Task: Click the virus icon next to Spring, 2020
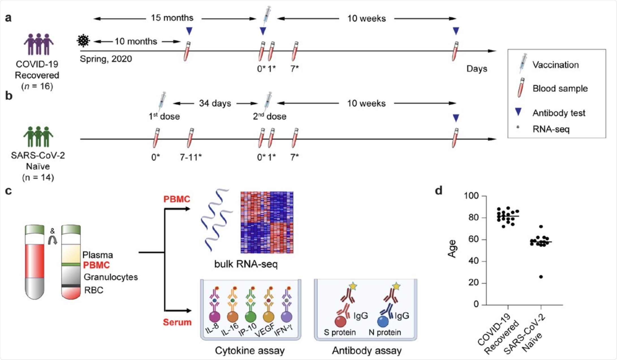(83, 41)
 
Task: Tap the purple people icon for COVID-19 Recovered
(38, 44)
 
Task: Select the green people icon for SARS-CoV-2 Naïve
(38, 137)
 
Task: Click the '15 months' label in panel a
(172, 18)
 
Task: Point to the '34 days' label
(215, 103)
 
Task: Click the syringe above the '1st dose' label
(162, 101)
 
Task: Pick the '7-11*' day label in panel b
(191, 157)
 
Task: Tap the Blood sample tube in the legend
(521, 88)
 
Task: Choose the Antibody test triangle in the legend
(518, 112)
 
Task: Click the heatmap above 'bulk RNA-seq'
(267, 222)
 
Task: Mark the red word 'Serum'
(177, 322)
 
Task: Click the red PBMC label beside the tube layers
(96, 265)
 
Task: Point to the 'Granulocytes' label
(111, 277)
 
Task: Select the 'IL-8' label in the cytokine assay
(212, 328)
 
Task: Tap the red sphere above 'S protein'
(340, 322)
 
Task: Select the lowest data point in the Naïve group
(541, 277)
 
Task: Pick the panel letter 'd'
(439, 191)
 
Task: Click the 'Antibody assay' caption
(366, 351)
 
